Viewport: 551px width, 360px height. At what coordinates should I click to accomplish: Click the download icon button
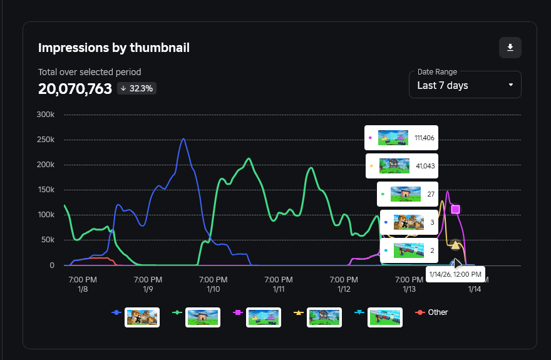510,48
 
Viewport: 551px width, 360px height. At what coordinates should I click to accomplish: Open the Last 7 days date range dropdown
465,85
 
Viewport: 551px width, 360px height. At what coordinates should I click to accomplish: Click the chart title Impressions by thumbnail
114,48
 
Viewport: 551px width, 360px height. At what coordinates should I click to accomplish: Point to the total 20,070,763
75,88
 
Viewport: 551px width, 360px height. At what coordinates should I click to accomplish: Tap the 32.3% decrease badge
136,88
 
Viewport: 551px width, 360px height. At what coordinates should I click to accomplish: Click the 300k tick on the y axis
46,115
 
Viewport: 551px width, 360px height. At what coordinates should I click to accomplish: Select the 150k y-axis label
46,190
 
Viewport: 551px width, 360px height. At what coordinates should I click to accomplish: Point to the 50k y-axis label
48,240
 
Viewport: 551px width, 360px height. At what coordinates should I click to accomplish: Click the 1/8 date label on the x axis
82,289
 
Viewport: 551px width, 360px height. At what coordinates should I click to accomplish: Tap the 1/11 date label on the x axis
279,289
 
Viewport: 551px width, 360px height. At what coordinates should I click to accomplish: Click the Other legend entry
438,312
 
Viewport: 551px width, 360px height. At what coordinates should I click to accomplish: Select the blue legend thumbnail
142,317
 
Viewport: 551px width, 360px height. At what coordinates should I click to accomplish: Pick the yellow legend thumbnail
324,317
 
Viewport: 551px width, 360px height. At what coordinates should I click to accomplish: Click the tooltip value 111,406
425,138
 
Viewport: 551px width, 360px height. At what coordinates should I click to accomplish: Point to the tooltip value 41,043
425,166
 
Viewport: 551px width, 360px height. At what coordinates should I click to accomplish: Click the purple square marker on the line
455,209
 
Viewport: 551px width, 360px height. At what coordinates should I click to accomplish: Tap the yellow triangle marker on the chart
455,245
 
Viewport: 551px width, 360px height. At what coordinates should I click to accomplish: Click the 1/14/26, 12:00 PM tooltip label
455,274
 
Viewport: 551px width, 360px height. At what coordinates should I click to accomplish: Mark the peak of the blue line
183,139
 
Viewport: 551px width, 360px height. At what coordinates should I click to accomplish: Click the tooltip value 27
431,194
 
